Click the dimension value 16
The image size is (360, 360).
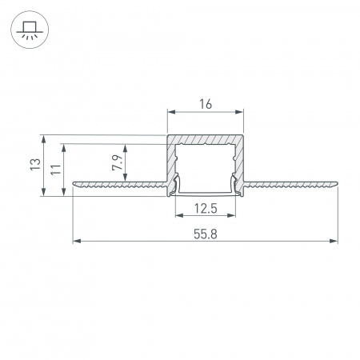[206, 104]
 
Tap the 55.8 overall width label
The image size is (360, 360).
[206, 234]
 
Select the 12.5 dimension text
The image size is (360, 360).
[206, 209]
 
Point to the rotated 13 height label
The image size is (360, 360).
[35, 165]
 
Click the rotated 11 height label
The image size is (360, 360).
[56, 170]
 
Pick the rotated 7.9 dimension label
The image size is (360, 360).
[118, 162]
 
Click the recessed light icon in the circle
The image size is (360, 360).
[30, 30]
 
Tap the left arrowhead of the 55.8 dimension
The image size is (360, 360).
[77, 241]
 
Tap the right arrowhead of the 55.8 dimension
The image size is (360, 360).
[334, 241]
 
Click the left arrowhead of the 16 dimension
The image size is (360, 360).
[171, 112]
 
